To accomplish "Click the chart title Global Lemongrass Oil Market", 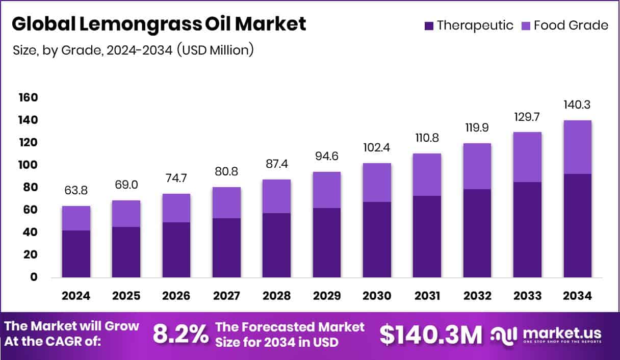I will click(159, 24).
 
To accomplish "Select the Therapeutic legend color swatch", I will click(429, 25).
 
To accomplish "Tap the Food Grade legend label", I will click(571, 25).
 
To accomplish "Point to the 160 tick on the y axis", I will click(29, 97).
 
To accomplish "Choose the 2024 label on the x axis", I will click(76, 296).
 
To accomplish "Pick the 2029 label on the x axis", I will click(327, 296).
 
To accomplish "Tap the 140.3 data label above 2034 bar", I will click(578, 105).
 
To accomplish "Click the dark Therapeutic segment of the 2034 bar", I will click(578, 225).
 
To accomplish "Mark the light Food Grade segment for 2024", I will click(76, 218).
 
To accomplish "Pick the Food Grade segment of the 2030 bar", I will click(377, 183).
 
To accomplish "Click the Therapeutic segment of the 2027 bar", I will click(226, 247).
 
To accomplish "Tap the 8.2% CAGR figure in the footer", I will click(180, 335).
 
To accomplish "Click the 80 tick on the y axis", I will click(29, 187).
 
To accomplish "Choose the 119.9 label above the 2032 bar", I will click(477, 127).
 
